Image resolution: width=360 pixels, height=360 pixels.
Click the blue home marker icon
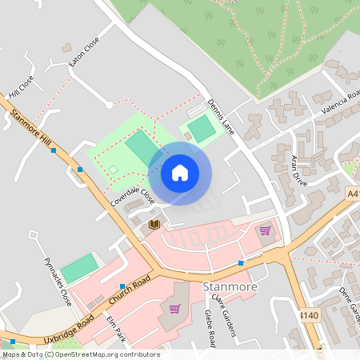(180, 173)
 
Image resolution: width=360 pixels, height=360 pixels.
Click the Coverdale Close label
(132, 199)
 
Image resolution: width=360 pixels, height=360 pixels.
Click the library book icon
(154, 225)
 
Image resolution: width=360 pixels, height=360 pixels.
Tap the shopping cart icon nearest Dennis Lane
(265, 230)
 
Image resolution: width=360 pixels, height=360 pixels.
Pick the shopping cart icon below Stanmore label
(174, 308)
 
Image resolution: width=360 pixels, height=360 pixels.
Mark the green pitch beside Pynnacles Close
(80, 268)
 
